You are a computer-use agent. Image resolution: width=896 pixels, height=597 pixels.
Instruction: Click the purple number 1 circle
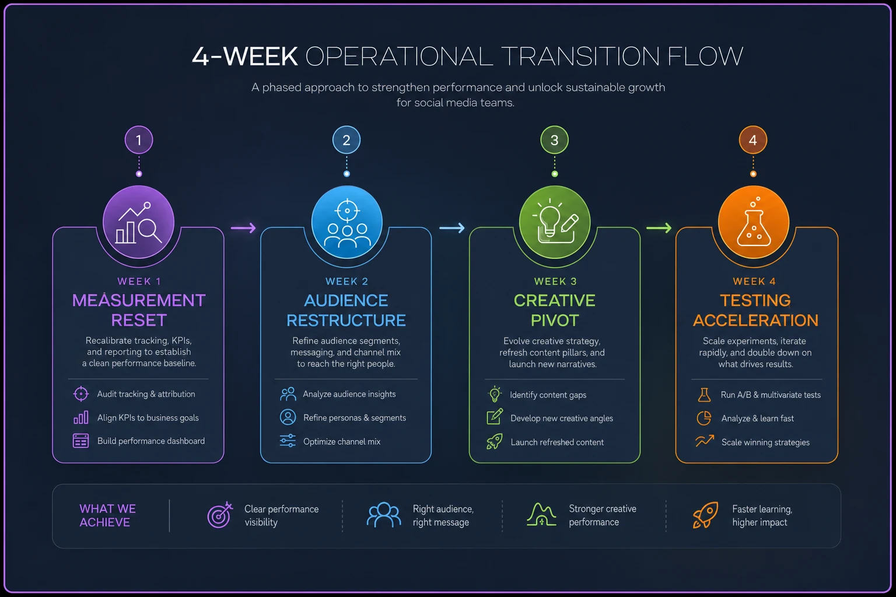pyautogui.click(x=139, y=140)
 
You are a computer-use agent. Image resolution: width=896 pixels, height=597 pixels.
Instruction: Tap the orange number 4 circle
pyautogui.click(x=753, y=140)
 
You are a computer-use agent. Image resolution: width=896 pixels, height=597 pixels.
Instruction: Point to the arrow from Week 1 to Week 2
pyautogui.click(x=243, y=228)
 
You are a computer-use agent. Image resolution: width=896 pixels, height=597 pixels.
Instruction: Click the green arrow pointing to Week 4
pyautogui.click(x=659, y=228)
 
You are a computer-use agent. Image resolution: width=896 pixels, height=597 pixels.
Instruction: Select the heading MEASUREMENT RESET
pyautogui.click(x=139, y=310)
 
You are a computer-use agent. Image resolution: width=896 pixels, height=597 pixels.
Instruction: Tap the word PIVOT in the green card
pyautogui.click(x=555, y=320)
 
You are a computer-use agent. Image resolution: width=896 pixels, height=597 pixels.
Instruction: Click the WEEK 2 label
pyautogui.click(x=347, y=282)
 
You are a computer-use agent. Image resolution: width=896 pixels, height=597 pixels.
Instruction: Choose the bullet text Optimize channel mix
pyautogui.click(x=342, y=441)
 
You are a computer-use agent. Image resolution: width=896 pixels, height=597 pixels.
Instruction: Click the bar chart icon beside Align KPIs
pyautogui.click(x=81, y=417)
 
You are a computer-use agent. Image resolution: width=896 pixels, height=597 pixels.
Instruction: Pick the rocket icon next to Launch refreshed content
pyautogui.click(x=495, y=442)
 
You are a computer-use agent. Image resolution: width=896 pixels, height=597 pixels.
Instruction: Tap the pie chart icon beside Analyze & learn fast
pyautogui.click(x=704, y=418)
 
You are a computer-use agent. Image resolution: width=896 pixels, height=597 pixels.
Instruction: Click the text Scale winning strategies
pyautogui.click(x=765, y=443)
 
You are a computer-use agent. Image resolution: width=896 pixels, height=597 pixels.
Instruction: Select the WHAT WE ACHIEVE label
pyautogui.click(x=107, y=515)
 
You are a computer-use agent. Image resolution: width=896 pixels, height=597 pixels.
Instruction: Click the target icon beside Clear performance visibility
pyautogui.click(x=220, y=515)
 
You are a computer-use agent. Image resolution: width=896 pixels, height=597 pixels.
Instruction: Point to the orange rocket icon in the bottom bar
pyautogui.click(x=705, y=515)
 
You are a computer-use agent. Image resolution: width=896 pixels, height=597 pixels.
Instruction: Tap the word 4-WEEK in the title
pyautogui.click(x=245, y=56)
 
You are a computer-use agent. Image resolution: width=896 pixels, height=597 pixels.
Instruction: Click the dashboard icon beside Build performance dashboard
pyautogui.click(x=81, y=441)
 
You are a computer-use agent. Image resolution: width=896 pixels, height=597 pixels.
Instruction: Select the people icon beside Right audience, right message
pyautogui.click(x=384, y=515)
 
